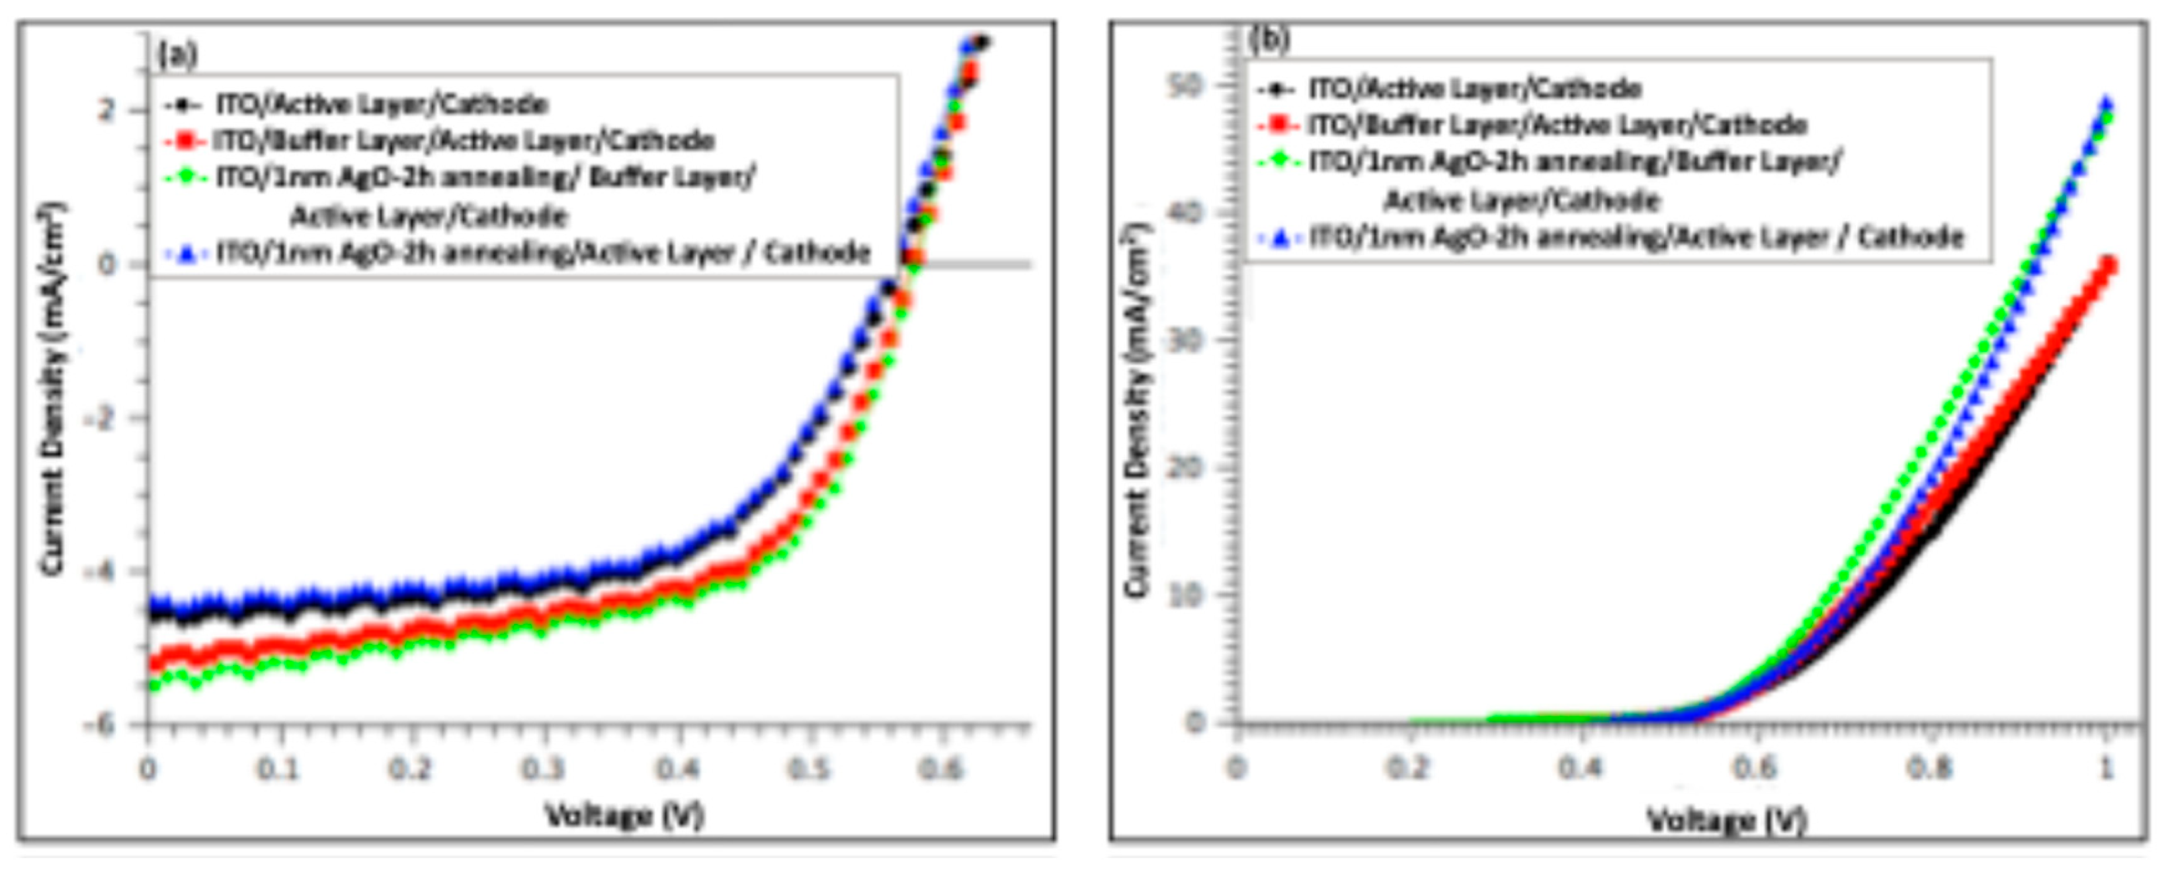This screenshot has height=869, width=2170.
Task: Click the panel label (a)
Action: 178,54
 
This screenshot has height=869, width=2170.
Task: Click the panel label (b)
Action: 1269,39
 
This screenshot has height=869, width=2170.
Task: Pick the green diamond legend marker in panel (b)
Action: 1278,160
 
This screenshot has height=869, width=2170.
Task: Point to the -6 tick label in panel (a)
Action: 99,725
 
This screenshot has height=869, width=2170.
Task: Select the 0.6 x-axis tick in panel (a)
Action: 940,769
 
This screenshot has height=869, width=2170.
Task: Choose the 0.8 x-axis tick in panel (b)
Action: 1929,768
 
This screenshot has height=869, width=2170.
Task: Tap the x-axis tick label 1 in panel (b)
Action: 2106,768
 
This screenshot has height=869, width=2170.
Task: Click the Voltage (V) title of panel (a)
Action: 624,815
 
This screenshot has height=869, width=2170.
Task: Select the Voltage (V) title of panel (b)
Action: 1727,819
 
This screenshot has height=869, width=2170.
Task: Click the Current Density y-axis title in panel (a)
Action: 52,387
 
